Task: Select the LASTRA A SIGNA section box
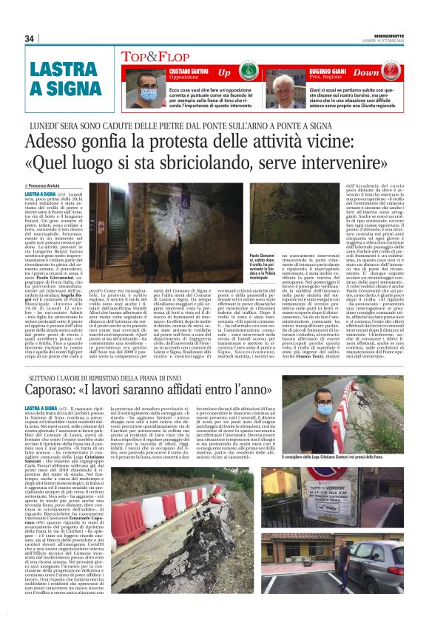(x=56, y=80)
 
